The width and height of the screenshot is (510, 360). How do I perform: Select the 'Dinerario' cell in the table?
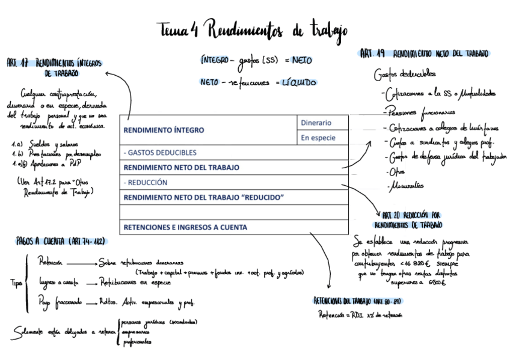click(x=316, y=123)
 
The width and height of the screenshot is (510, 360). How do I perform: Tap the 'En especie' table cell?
click(x=318, y=138)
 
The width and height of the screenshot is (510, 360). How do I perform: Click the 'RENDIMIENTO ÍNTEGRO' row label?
click(x=164, y=130)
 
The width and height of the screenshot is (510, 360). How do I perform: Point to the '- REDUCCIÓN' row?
click(x=146, y=182)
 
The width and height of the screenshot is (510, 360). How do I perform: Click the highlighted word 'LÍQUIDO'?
click(x=299, y=82)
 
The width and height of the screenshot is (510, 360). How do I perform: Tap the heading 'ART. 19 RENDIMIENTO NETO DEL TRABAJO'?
click(x=424, y=53)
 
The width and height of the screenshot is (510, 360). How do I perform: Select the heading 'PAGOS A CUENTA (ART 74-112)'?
click(x=61, y=241)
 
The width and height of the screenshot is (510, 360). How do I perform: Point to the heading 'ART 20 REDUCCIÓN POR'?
click(x=411, y=215)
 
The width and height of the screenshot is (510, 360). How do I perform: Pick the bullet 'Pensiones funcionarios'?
click(x=419, y=111)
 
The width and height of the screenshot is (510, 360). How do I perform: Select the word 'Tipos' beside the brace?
click(x=17, y=282)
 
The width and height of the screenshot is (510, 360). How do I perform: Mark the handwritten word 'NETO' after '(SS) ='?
click(x=301, y=60)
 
